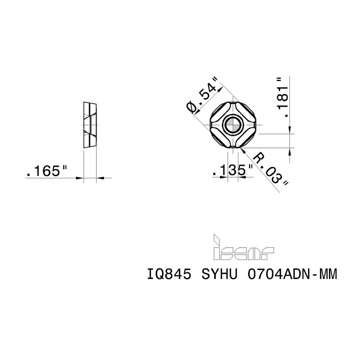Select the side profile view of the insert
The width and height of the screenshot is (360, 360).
tap(90, 125)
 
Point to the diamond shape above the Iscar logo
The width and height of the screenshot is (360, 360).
tap(217, 239)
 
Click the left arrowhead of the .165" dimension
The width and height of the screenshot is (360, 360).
tap(81, 177)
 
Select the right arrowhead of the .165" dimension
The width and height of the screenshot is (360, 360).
tap(100, 177)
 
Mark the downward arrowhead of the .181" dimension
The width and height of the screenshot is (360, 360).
tap(290, 131)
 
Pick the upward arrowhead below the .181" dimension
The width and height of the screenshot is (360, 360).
tap(290, 150)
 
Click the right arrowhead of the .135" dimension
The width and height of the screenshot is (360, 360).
tap(240, 177)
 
